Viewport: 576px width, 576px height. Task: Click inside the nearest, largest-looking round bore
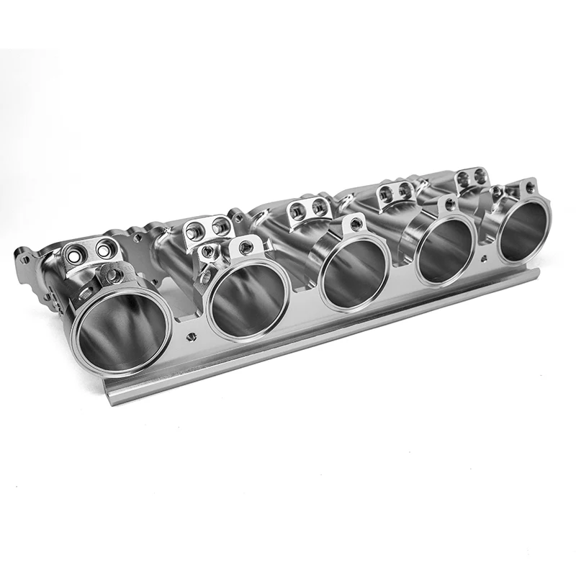click(x=121, y=331)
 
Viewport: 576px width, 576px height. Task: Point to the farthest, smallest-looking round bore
click(x=522, y=230)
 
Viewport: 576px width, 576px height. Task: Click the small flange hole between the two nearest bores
click(x=191, y=336)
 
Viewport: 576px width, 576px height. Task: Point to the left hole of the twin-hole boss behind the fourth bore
click(x=386, y=192)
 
